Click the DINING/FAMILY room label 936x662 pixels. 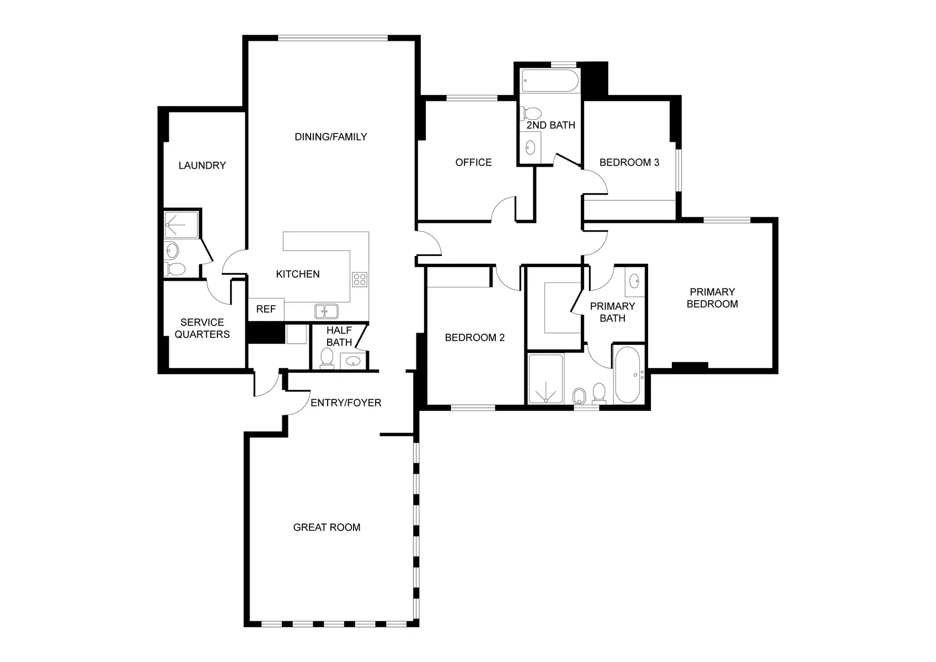pyautogui.click(x=330, y=137)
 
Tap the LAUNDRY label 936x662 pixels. pyautogui.click(x=202, y=165)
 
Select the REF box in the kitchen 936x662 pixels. pyautogui.click(x=266, y=309)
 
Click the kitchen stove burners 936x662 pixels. pyautogui.click(x=360, y=280)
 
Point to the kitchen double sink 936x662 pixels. pyautogui.click(x=327, y=312)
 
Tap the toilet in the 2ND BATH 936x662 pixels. pyautogui.click(x=531, y=114)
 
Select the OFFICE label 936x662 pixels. pyautogui.click(x=473, y=162)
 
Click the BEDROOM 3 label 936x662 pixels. pyautogui.click(x=629, y=162)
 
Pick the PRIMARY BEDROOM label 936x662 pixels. pyautogui.click(x=712, y=298)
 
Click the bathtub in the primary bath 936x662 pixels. pyautogui.click(x=627, y=375)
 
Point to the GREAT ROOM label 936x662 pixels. pyautogui.click(x=327, y=527)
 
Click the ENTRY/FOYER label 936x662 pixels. pyautogui.click(x=346, y=403)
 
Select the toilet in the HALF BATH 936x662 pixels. pyautogui.click(x=327, y=358)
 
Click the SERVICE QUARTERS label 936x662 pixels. pyautogui.click(x=202, y=328)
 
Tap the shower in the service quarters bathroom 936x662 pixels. pyautogui.click(x=181, y=225)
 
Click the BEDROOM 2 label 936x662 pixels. pyautogui.click(x=474, y=338)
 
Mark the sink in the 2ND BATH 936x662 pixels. pyautogui.click(x=530, y=147)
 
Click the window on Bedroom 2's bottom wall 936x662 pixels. pyautogui.click(x=473, y=408)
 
